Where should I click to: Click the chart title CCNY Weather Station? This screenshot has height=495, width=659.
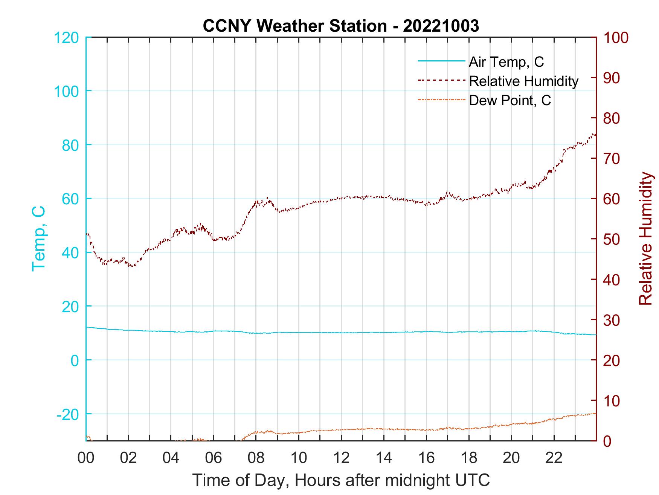(x=341, y=26)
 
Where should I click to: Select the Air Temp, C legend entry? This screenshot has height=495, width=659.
(x=506, y=62)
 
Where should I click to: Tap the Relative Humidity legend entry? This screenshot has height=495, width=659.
(x=523, y=81)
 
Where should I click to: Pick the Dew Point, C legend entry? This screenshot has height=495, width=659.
(x=510, y=100)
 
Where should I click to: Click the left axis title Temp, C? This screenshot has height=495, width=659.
(x=39, y=238)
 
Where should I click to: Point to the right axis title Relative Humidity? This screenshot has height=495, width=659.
(x=645, y=238)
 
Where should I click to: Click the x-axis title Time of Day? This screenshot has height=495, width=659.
(x=341, y=480)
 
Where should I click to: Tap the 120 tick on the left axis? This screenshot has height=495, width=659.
(x=67, y=38)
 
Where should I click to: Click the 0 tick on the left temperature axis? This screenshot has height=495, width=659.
(x=75, y=360)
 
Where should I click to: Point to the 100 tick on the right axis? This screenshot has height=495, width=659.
(x=616, y=38)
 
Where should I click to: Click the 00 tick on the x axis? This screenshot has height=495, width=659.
(x=86, y=458)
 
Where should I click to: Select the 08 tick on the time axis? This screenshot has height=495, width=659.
(x=256, y=458)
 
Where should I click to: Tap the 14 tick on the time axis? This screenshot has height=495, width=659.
(x=384, y=458)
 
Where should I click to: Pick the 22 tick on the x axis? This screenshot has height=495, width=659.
(x=554, y=458)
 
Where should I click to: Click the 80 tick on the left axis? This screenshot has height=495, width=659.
(x=70, y=145)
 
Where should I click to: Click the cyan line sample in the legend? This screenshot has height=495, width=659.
(x=441, y=61)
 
